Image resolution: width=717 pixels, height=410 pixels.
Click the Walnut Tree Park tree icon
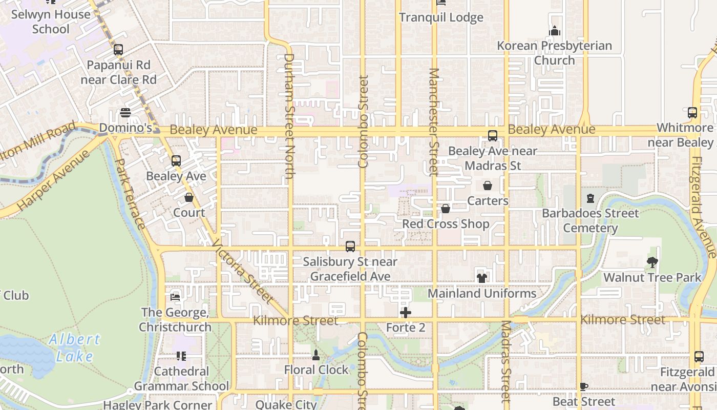tap(652, 262)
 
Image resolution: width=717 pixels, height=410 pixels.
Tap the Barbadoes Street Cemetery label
tap(591, 220)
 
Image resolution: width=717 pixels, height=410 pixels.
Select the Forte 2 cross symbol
tap(406, 312)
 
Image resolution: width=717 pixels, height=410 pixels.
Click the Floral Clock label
tap(316, 370)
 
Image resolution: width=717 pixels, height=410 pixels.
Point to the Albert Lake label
tap(75, 347)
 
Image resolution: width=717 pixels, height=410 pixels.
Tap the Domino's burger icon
tap(125, 113)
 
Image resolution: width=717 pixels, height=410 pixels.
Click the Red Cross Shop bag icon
tap(446, 209)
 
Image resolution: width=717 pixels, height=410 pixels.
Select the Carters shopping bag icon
tap(487, 186)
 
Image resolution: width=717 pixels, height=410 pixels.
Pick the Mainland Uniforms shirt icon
tap(481, 278)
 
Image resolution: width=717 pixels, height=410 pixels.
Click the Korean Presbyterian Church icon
tap(554, 31)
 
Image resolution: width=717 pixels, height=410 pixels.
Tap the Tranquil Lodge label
tap(441, 17)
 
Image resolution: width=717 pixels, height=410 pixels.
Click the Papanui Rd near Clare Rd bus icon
tap(118, 50)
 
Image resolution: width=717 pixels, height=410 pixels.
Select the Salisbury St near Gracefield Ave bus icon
tap(350, 247)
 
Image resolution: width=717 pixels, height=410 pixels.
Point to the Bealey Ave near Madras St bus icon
tap(492, 136)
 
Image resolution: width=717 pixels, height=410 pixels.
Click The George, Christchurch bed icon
tap(175, 297)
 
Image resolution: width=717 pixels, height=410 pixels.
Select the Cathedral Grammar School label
tap(181, 379)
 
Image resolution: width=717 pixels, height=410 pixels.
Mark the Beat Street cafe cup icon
tap(583, 386)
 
